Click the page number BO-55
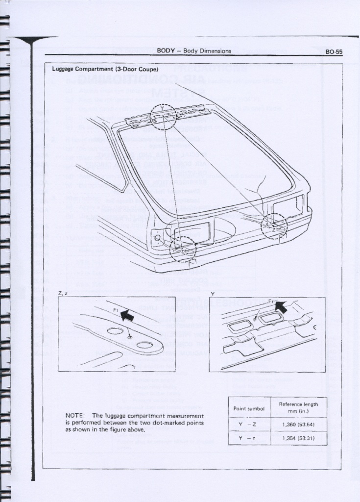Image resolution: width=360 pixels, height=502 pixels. point(334,51)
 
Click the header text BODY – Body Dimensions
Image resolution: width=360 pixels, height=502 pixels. point(194,51)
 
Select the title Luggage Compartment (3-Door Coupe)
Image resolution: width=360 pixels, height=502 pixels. point(105,69)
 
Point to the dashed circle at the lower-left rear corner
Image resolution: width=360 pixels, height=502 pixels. point(183,249)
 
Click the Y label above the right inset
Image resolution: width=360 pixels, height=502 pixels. point(212,293)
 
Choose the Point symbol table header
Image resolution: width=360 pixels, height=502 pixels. point(249,408)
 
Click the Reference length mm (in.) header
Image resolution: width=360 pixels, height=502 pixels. point(298,407)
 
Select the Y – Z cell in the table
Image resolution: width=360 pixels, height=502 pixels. point(249,425)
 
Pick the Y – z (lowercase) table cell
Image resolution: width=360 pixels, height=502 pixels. point(249,438)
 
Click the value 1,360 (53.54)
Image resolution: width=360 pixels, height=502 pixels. point(298,425)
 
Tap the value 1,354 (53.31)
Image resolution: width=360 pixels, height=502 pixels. point(298,438)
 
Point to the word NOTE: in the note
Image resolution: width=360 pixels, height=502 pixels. point(75,416)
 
